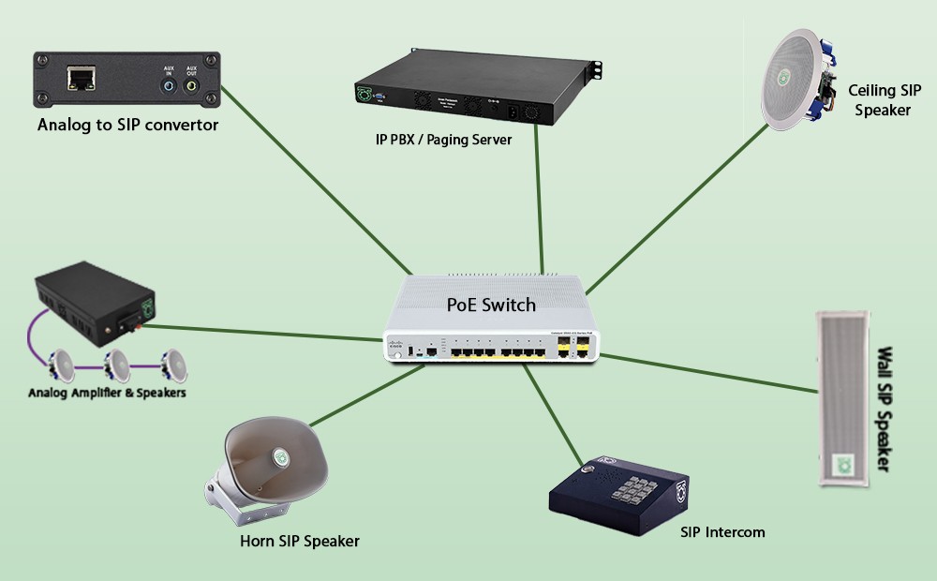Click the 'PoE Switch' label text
(490, 305)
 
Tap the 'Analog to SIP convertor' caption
(127, 125)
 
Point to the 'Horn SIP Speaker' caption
(299, 541)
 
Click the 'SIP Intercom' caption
(722, 532)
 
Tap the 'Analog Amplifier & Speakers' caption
(107, 393)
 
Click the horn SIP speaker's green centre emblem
(280, 456)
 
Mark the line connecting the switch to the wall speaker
(712, 373)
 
